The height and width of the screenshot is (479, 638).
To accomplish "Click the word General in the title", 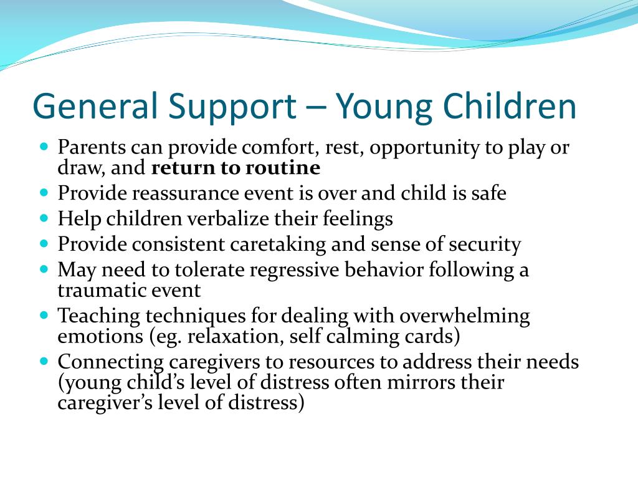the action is point(95,105).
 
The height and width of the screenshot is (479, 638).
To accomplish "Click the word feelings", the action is point(358,220).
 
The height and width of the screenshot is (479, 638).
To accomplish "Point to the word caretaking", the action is point(278,245).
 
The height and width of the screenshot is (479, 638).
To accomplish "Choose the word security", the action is point(485,245).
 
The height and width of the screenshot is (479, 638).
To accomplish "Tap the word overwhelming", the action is point(465,317).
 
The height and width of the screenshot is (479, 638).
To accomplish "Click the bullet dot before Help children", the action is point(44,218).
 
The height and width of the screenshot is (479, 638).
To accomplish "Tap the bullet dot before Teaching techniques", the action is point(44,315).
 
